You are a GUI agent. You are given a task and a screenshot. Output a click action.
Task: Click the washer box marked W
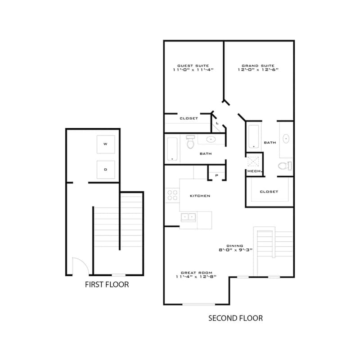(106, 144)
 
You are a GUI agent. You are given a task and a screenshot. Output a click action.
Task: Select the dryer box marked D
(106, 170)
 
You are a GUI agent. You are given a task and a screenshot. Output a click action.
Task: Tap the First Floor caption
(107, 285)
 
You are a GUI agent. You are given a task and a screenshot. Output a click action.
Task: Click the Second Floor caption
(235, 318)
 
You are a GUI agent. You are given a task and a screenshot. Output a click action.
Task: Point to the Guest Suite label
(193, 66)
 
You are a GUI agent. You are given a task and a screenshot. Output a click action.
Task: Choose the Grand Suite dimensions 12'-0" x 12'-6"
(258, 70)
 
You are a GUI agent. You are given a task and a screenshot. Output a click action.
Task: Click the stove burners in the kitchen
(172, 195)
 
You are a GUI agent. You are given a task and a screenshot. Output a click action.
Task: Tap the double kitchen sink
(188, 217)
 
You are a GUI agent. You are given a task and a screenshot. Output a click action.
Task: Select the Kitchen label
(200, 196)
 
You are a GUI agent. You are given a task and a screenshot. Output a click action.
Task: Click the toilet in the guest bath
(190, 142)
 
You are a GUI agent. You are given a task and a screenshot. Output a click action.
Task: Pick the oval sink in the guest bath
(211, 139)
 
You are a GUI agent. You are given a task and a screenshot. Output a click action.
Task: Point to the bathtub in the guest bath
(172, 149)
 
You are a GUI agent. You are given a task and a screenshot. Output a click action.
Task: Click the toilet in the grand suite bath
(285, 166)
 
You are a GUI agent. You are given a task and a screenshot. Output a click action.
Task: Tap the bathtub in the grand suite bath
(254, 136)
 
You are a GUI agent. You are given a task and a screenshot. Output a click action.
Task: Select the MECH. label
(254, 171)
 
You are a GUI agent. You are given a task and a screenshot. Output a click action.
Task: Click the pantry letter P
(217, 175)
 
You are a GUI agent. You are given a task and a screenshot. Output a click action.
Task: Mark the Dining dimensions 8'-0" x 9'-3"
(235, 250)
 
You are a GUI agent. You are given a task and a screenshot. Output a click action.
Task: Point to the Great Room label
(197, 273)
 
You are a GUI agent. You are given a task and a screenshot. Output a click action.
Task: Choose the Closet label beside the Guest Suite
(189, 118)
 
